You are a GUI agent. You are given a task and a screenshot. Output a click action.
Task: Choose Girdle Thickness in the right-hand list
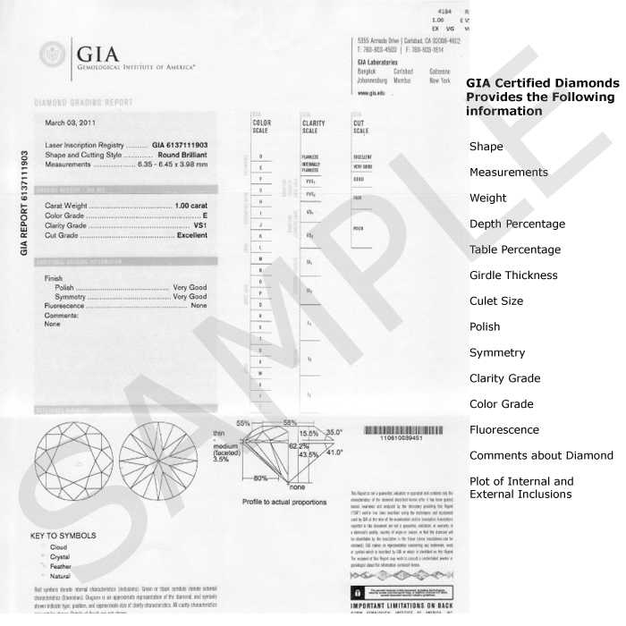point(513,275)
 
